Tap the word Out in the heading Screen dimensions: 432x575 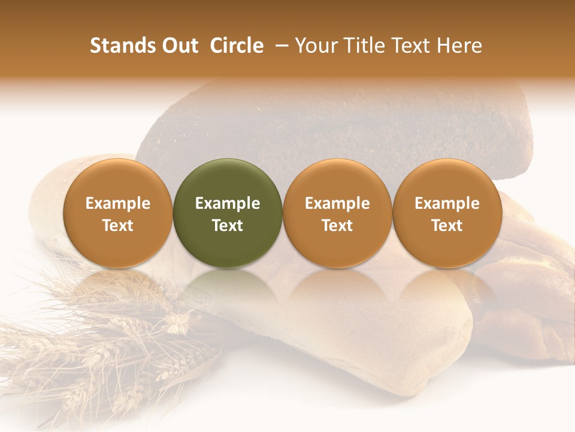coord(178,46)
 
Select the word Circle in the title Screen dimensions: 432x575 coord(237,46)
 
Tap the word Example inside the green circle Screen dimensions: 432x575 coord(228,203)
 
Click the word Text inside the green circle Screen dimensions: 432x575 coord(228,226)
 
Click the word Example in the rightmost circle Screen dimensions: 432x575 coord(447,203)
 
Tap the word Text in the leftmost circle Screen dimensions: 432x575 coord(118,226)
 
